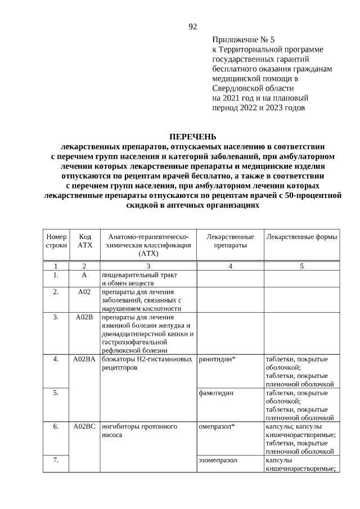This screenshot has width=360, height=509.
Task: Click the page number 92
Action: point(192,26)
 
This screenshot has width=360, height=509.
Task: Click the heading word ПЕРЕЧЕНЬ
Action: point(192,137)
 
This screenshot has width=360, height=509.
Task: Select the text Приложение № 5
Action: point(244,40)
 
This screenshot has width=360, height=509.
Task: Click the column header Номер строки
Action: point(56,241)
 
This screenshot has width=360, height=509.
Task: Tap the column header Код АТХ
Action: point(85,241)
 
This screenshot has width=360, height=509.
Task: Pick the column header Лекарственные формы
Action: point(302,237)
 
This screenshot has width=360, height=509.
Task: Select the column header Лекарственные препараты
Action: point(230,241)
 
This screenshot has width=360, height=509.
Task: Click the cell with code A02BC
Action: point(84,426)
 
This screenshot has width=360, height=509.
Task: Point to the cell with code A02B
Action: point(84,317)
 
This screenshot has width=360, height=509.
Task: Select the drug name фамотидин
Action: point(216,393)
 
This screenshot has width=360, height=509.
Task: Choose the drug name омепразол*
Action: point(217,426)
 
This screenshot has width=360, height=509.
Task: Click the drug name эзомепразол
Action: point(218,460)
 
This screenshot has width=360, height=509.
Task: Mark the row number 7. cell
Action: point(56,460)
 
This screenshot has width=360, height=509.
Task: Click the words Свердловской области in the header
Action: point(253,88)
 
